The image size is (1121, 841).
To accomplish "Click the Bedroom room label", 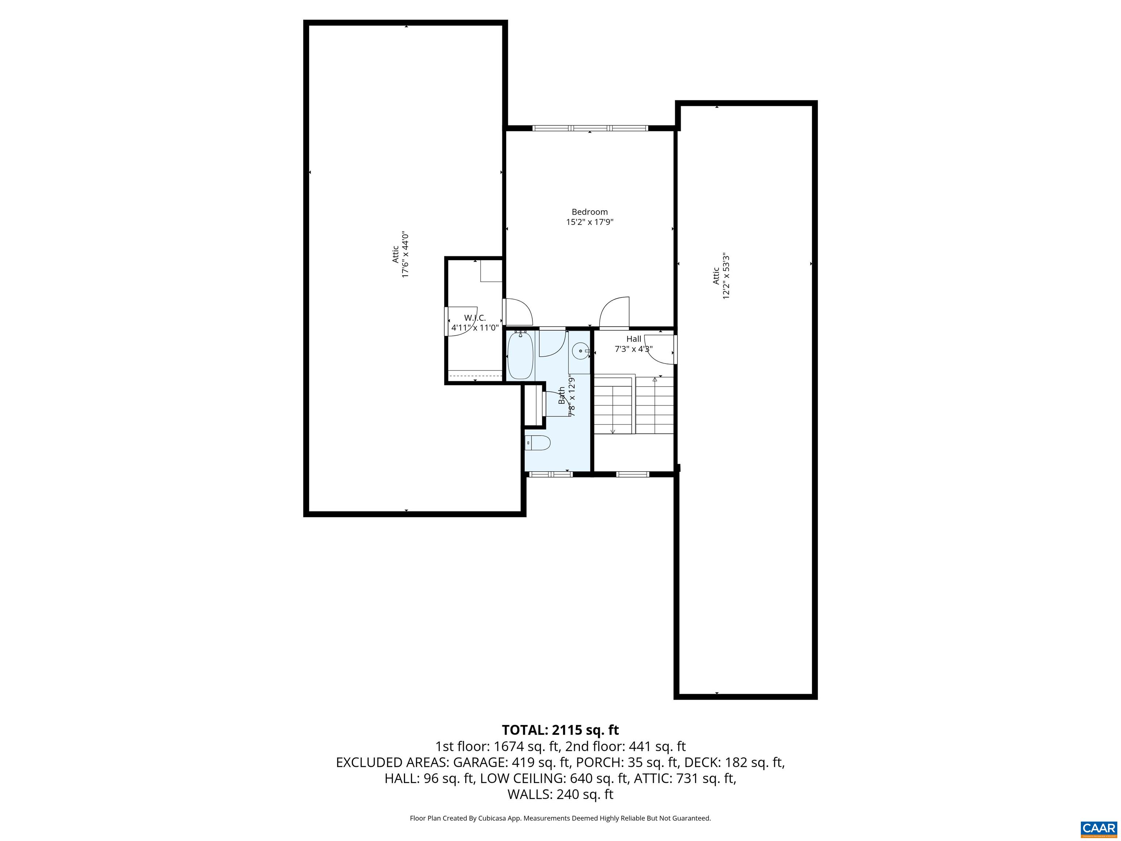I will point(589,212).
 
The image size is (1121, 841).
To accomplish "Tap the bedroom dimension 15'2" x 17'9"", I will point(589,222).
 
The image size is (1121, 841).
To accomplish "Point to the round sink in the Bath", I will point(580,351).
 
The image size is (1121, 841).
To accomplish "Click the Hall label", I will point(633,339).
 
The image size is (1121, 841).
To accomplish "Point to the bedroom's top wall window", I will point(590,128).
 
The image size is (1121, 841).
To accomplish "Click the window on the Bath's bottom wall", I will point(550,475).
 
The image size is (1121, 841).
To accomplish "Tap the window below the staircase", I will point(632,475).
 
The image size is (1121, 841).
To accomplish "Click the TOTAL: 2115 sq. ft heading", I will point(560,730).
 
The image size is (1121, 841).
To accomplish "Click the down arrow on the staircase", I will point(613,431).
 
